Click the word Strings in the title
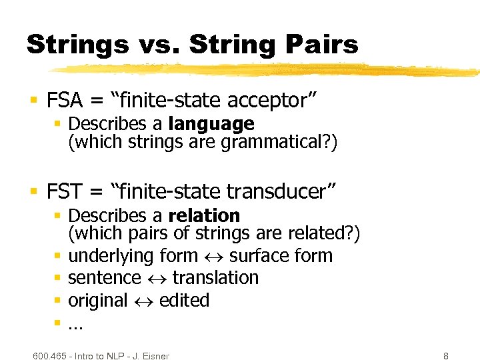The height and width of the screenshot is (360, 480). (x=77, y=45)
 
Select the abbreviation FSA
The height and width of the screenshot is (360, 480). (x=65, y=101)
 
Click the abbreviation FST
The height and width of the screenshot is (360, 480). (x=65, y=193)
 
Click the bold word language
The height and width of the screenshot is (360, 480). (x=211, y=124)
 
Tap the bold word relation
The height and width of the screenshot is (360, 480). (x=204, y=216)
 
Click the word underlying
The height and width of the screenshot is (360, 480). (x=111, y=256)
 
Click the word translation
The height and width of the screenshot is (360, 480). (x=215, y=278)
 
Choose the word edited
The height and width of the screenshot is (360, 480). (x=184, y=301)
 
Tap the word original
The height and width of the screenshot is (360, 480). (x=97, y=301)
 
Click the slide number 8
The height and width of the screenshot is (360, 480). (x=445, y=356)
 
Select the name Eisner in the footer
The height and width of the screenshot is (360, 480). (x=154, y=356)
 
